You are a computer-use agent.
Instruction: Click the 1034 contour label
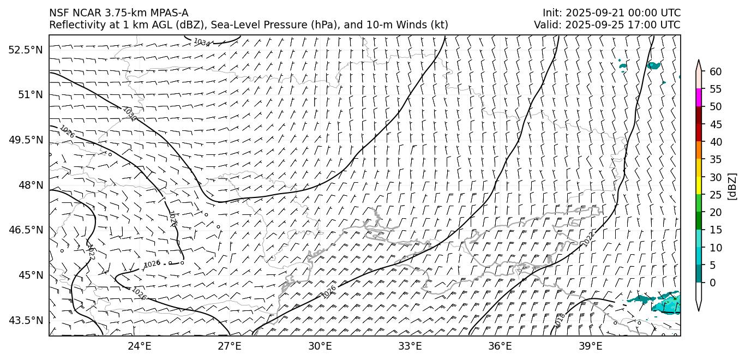201,42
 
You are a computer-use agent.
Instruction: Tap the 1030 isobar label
129,114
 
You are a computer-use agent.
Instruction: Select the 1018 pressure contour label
560,320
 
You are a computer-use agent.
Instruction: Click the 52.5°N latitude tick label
25,50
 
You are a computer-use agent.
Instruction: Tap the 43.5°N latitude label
25,320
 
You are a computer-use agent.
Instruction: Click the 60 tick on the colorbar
716,71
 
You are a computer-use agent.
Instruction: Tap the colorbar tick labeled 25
716,195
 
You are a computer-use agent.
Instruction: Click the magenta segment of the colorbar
699,98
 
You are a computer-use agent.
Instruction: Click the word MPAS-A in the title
169,13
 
